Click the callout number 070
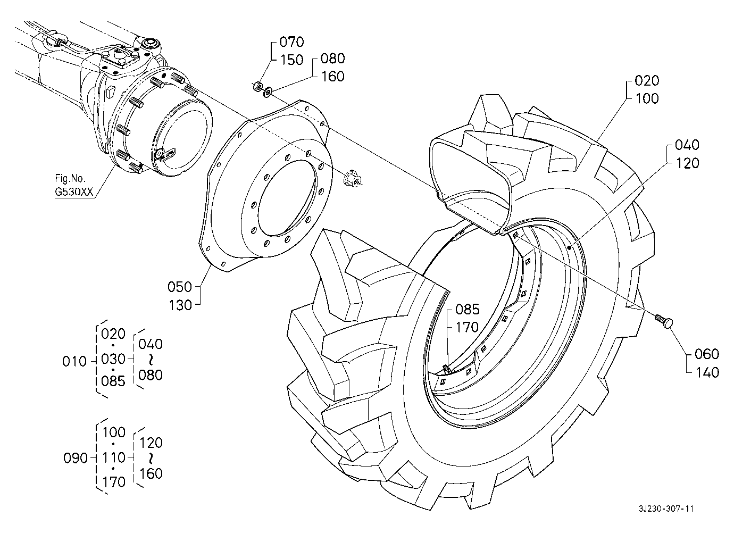291,42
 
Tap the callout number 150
291,60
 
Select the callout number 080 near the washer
332,59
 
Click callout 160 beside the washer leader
332,77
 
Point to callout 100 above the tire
647,98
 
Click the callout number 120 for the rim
687,163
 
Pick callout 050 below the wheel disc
180,287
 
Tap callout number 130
180,305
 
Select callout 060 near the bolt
706,354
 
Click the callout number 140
706,373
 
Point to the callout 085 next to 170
468,309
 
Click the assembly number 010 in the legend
74,362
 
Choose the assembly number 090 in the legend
75,458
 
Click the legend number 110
113,457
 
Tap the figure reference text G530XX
74,192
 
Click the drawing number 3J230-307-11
666,509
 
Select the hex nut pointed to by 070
257,87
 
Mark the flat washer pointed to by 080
268,92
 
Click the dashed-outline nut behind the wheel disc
352,178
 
